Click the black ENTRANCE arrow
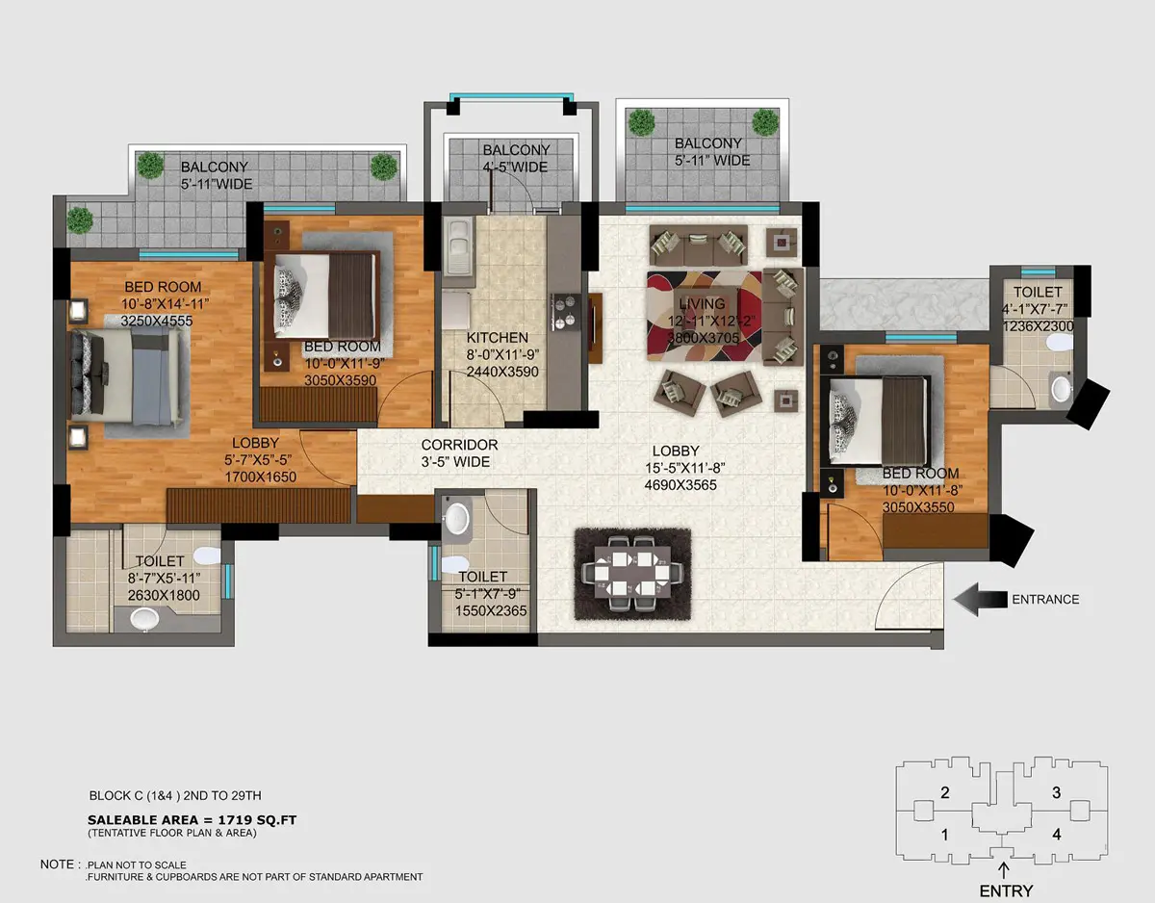(980, 600)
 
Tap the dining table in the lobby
(632, 574)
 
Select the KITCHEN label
(497, 338)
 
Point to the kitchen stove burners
(565, 312)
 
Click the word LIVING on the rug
(702, 304)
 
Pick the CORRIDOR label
(459, 445)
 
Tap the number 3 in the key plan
(1056, 792)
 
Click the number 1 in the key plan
(944, 835)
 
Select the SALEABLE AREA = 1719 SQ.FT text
(192, 820)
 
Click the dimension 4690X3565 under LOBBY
(680, 485)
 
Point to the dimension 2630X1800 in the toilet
(164, 595)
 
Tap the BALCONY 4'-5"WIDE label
(516, 159)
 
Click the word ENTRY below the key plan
(1006, 890)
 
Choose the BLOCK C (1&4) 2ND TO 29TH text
(175, 795)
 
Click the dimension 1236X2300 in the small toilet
(1039, 326)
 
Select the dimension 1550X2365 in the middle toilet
(491, 611)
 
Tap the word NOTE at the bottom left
(58, 864)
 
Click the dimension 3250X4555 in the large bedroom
(157, 321)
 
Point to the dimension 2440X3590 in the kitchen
(502, 372)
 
